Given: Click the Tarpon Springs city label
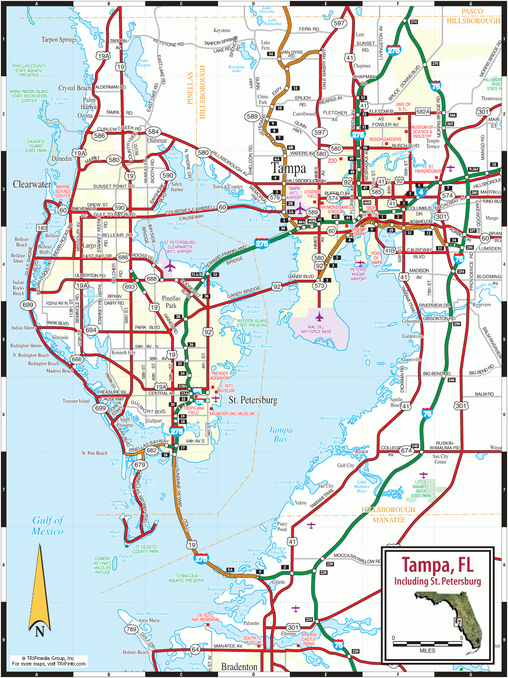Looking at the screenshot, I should pyautogui.click(x=59, y=40).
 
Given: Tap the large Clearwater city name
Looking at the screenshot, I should pyautogui.click(x=32, y=184).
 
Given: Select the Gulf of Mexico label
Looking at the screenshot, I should pyautogui.click(x=47, y=526).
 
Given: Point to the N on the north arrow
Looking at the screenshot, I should pyautogui.click(x=40, y=631).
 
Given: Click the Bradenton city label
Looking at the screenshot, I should pyautogui.click(x=239, y=667).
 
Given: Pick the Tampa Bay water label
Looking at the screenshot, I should pyautogui.click(x=280, y=434).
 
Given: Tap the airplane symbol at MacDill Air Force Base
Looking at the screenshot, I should pyautogui.click(x=319, y=316).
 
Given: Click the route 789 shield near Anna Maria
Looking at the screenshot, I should pyautogui.click(x=131, y=629).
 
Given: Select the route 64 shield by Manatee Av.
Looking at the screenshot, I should pyautogui.click(x=195, y=649).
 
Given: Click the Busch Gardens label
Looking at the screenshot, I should pyautogui.click(x=385, y=139).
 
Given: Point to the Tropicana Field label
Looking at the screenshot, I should pyautogui.click(x=194, y=410).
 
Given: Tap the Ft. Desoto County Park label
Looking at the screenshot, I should pyautogui.click(x=146, y=549).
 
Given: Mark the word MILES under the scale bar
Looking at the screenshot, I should pyautogui.click(x=427, y=651).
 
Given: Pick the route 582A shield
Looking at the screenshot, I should pyautogui.click(x=423, y=112).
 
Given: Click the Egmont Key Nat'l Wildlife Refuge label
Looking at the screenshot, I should pyautogui.click(x=103, y=565).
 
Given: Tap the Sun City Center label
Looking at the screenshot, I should pyautogui.click(x=440, y=459).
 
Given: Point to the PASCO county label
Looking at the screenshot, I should pyautogui.click(x=472, y=12).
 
